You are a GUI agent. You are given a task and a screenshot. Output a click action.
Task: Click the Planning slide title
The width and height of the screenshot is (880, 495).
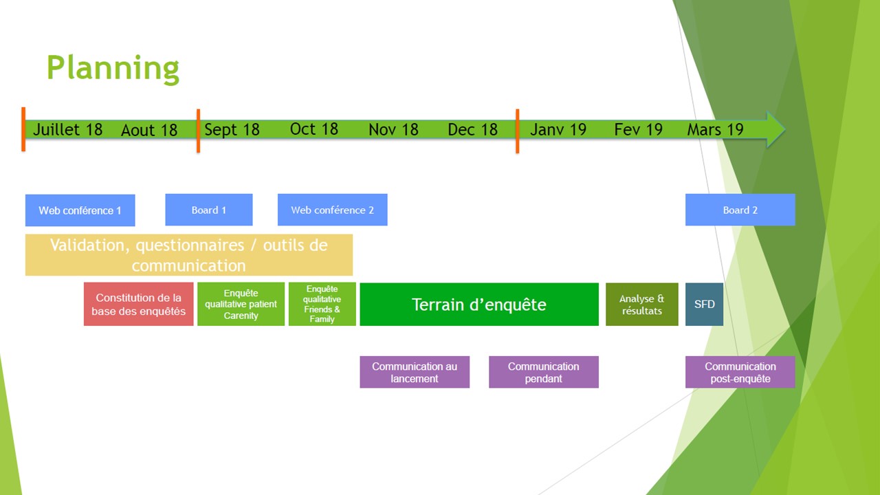pos(113,68)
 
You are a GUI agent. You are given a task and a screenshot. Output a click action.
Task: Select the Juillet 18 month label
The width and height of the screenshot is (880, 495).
pos(67,129)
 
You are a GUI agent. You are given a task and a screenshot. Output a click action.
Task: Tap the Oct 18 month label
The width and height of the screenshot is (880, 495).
pos(314,129)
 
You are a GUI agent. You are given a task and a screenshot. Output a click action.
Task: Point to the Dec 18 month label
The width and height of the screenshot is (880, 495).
pos(472,129)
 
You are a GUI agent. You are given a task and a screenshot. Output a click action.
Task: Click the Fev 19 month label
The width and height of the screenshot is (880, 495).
pos(638,129)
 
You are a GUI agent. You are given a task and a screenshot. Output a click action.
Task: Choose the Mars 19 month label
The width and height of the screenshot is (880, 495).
pos(715,129)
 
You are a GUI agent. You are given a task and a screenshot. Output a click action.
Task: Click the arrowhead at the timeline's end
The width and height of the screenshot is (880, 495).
pos(775,129)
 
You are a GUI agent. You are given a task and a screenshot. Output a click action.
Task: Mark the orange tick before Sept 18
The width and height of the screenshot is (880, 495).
pos(198,130)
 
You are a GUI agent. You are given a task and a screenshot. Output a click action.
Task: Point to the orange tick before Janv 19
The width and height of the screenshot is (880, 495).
pos(517,131)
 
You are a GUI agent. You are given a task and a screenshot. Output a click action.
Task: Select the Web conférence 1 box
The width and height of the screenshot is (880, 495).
pos(80,210)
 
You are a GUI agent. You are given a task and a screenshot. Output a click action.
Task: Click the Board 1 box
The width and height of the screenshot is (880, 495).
pos(208,210)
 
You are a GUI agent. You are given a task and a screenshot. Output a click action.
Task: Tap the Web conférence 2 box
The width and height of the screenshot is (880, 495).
pos(332,210)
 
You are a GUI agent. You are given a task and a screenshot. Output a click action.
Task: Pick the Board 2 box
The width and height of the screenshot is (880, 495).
pos(740,210)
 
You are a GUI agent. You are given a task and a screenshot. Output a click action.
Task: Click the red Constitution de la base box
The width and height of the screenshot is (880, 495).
pos(138,304)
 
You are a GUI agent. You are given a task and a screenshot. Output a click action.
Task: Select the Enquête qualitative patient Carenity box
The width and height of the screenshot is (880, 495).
pos(241,304)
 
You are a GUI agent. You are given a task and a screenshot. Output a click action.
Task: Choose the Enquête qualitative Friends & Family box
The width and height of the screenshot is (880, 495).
pos(322,304)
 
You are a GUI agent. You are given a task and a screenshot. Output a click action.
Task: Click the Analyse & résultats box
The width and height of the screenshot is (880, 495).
pos(641,304)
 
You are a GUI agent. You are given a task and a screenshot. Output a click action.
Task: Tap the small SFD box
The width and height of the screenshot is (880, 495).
pos(704,304)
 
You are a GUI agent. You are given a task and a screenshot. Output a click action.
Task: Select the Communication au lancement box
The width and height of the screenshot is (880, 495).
pos(415,372)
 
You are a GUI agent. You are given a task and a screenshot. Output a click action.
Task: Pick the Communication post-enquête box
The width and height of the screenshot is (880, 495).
pos(740,372)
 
